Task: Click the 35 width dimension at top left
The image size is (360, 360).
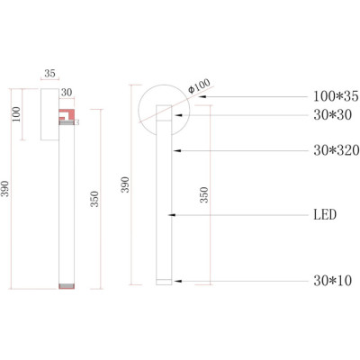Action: pyautogui.click(x=49, y=73)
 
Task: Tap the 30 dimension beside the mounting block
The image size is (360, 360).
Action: pyautogui.click(x=67, y=93)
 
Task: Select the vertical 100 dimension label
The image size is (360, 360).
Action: pyautogui.click(x=16, y=114)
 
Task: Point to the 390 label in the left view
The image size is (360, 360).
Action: pyautogui.click(x=5, y=189)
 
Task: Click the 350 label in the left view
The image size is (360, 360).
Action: pyautogui.click(x=94, y=199)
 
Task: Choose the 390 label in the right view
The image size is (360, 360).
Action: pyautogui.click(x=125, y=184)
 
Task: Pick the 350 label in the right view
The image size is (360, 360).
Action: pyautogui.click(x=204, y=195)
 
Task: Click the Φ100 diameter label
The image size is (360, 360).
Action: pyautogui.click(x=199, y=85)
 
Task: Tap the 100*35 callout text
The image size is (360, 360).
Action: pyautogui.click(x=336, y=96)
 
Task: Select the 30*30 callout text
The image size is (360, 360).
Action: pyautogui.click(x=332, y=115)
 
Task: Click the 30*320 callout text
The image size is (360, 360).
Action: pyautogui.click(x=337, y=150)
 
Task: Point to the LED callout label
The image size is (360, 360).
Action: pyautogui.click(x=325, y=215)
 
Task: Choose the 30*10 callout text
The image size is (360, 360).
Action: pyautogui.click(x=332, y=281)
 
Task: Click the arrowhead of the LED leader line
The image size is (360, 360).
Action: pyautogui.click(x=172, y=215)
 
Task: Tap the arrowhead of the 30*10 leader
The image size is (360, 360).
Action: pyautogui.click(x=177, y=281)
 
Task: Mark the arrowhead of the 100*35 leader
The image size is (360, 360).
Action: pyautogui.click(x=202, y=96)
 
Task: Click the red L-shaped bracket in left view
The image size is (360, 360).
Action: pyautogui.click(x=67, y=114)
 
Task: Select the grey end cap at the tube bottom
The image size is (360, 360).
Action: pyautogui.click(x=67, y=285)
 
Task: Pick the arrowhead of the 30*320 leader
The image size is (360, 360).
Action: pyautogui.click(x=177, y=150)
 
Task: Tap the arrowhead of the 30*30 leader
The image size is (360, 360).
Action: pyautogui.click(x=179, y=115)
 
